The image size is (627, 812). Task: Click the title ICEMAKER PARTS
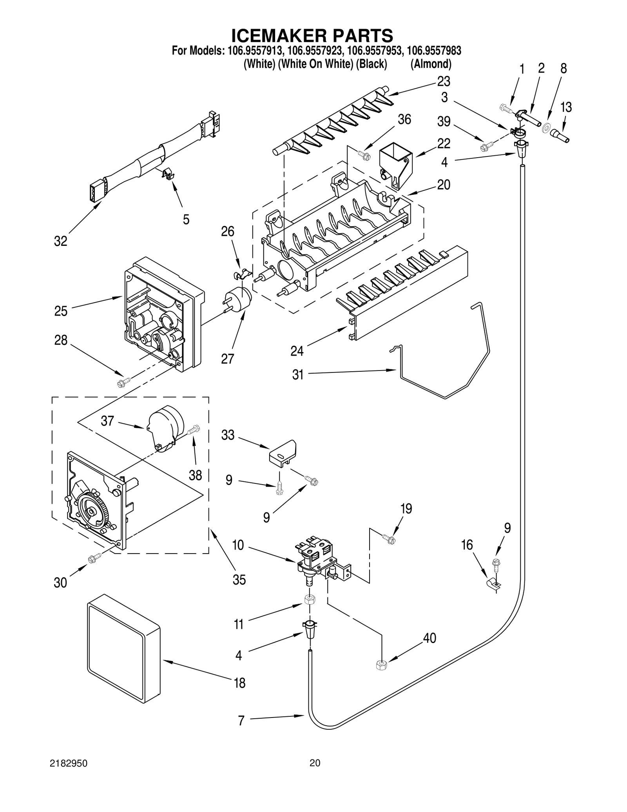pos(312,36)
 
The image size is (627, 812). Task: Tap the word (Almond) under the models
pos(431,64)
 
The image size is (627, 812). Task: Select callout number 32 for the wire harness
pos(61,241)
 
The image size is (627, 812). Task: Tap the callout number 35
pos(239,579)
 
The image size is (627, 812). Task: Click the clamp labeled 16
pos(493,585)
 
